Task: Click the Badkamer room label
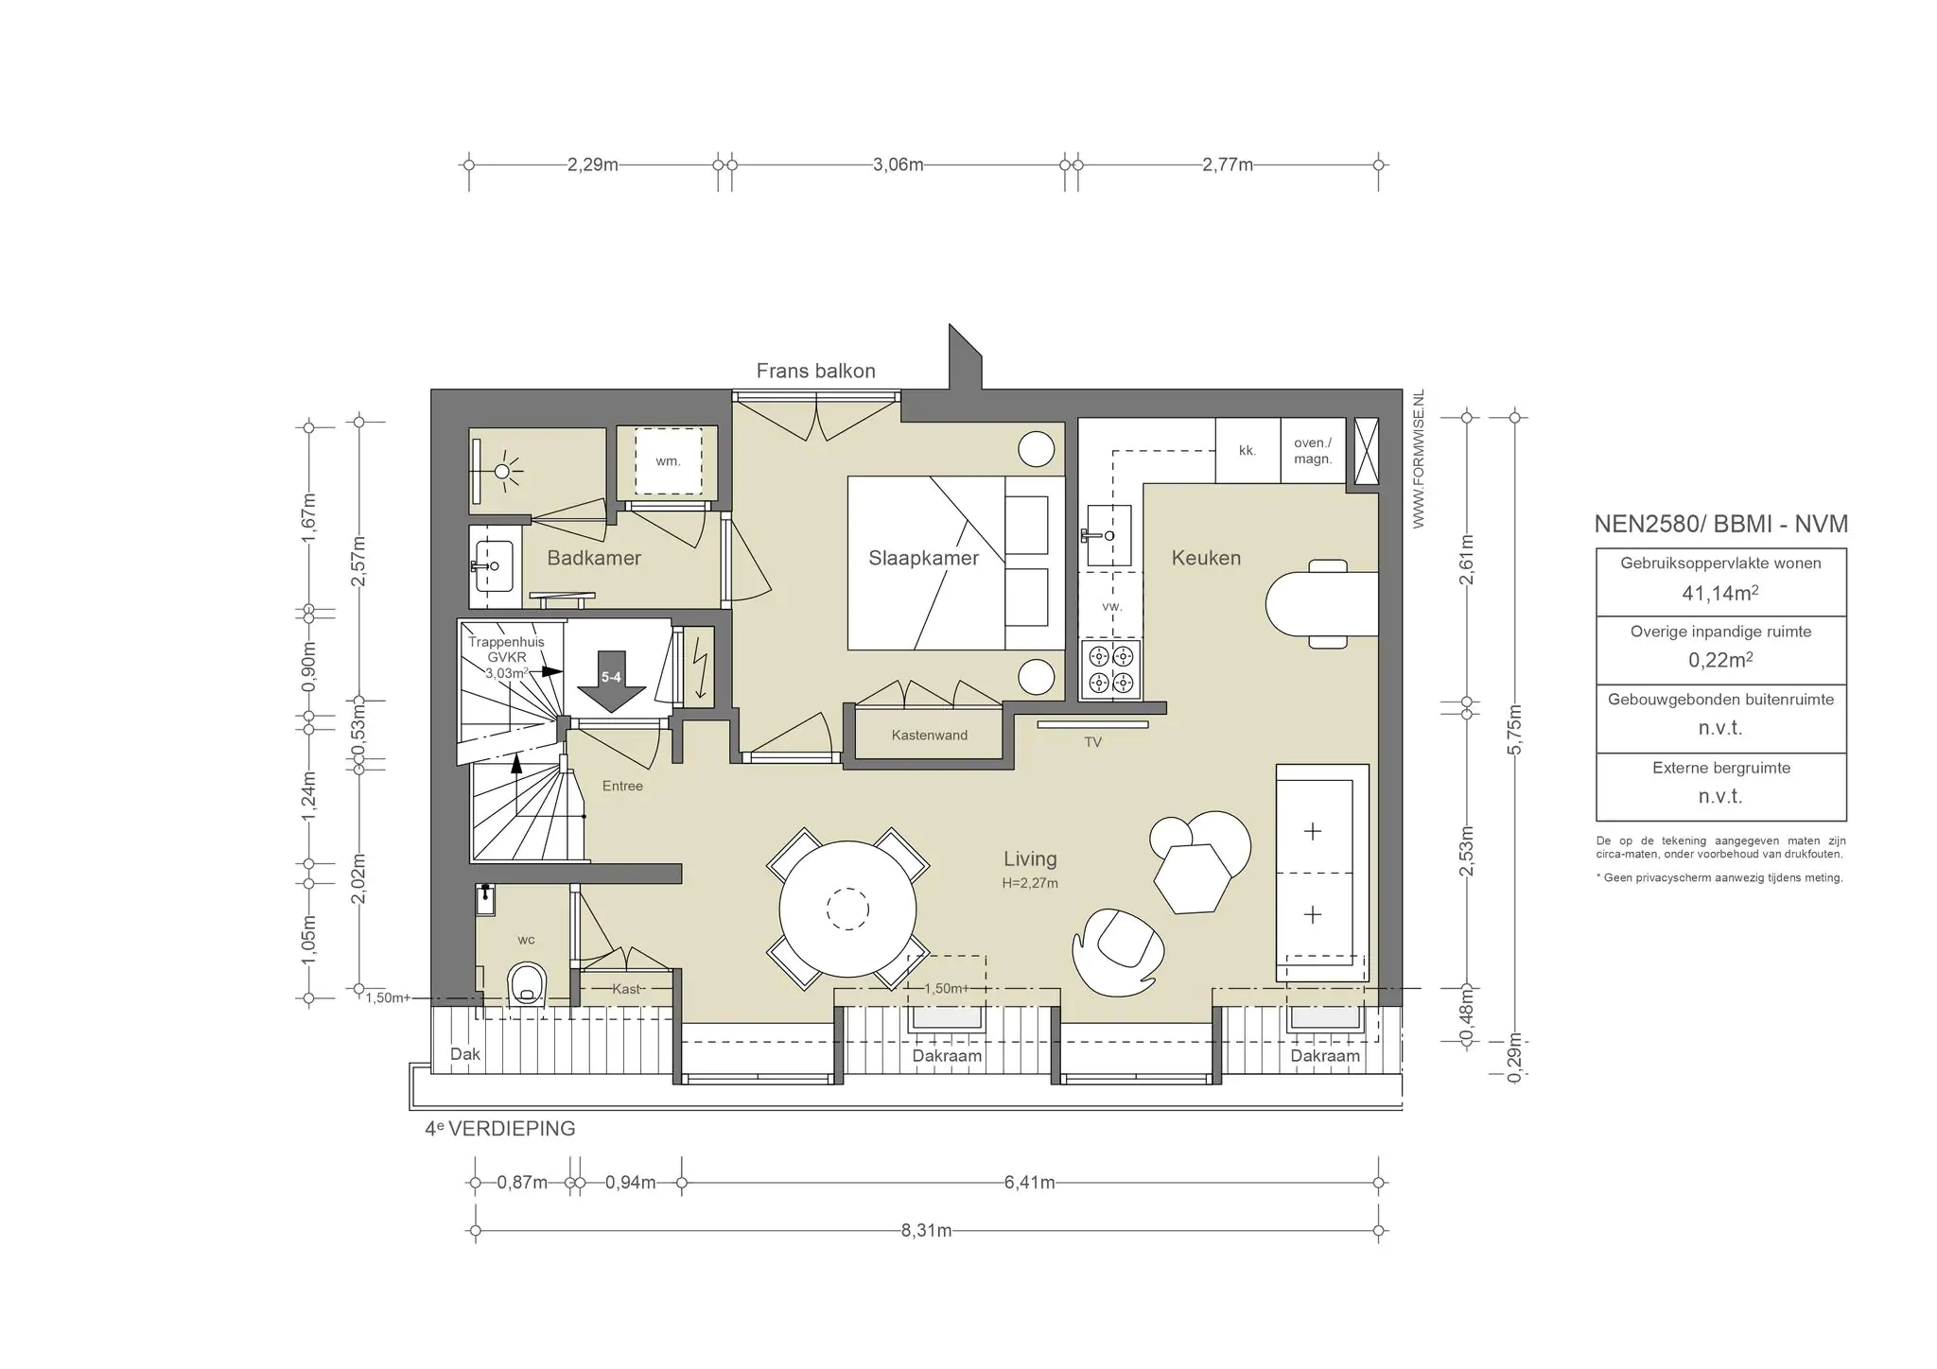(594, 558)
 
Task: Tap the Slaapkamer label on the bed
(923, 558)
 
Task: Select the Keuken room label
(1206, 558)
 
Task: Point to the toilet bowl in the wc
(528, 984)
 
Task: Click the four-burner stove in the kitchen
(1110, 668)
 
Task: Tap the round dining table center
(847, 910)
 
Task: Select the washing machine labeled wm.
(668, 461)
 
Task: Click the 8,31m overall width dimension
(927, 1231)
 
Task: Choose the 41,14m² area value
(1720, 593)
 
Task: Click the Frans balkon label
(815, 371)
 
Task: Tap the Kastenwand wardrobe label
(929, 735)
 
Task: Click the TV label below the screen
(1092, 742)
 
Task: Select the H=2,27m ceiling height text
(1030, 883)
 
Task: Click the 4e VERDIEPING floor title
(499, 1128)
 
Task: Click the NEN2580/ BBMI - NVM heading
(1720, 524)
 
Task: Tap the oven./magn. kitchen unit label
(1313, 451)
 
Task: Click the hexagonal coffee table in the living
(1192, 878)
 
